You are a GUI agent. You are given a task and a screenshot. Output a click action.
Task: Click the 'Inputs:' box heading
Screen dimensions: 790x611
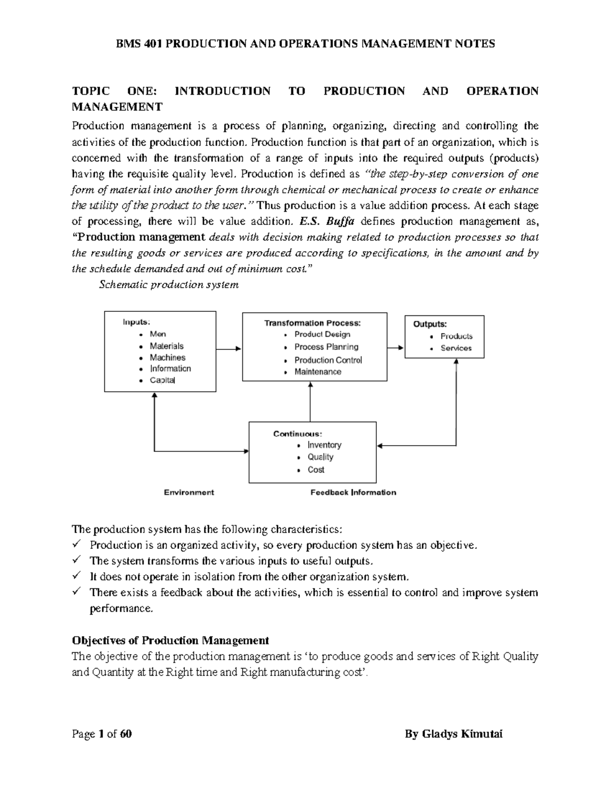pos(136,322)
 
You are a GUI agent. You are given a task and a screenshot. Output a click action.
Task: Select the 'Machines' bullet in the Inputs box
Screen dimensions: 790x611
pos(167,358)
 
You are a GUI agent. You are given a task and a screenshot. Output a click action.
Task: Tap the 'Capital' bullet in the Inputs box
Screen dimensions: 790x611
pos(162,381)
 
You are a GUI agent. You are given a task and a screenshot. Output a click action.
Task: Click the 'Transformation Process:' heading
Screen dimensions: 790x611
pos(312,323)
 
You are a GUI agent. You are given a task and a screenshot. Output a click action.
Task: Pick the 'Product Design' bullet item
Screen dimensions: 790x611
pos(322,334)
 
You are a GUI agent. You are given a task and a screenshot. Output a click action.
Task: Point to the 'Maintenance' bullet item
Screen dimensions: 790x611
pos(318,372)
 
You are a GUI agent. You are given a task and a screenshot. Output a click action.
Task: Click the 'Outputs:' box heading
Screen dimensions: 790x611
pos(430,324)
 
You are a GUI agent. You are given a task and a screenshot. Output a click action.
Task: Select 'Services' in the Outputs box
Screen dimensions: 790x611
pos(456,348)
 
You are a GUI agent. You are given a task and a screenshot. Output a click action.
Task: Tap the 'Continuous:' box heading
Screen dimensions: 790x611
pos(297,434)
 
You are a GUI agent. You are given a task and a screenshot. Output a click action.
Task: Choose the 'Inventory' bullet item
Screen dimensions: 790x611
pos(324,445)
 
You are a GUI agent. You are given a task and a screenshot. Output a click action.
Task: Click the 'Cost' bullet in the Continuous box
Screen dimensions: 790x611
pos(316,470)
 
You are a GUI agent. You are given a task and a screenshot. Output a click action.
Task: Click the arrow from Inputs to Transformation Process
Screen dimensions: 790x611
pos(229,349)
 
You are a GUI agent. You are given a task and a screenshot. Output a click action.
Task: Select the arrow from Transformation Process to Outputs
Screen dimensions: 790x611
pos(395,348)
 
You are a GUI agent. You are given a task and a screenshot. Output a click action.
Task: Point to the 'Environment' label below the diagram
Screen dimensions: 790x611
pos(188,492)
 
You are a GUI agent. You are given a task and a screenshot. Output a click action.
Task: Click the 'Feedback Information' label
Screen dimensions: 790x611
pos(353,492)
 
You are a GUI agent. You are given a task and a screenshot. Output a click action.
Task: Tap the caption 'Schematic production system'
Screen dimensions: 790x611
pos(169,285)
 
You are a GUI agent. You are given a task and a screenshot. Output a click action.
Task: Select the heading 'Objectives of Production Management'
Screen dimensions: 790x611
pos(171,640)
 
